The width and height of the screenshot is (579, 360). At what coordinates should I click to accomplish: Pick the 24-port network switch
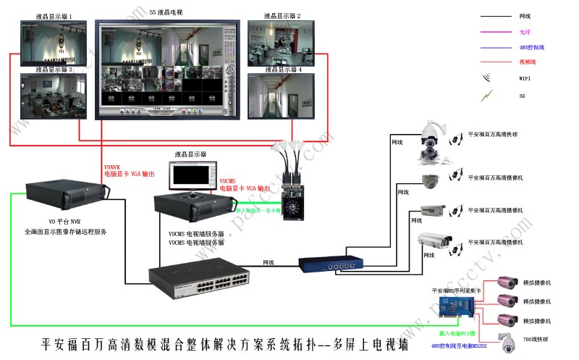click(x=196, y=278)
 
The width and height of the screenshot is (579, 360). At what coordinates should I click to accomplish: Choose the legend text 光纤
click(x=525, y=31)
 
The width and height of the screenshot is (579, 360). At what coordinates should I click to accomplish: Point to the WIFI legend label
click(x=525, y=78)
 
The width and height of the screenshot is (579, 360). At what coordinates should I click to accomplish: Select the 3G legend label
click(x=523, y=95)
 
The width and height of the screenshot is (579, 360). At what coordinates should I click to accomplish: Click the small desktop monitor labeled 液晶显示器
click(x=191, y=175)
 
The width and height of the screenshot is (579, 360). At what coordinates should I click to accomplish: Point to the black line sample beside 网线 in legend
click(x=495, y=15)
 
